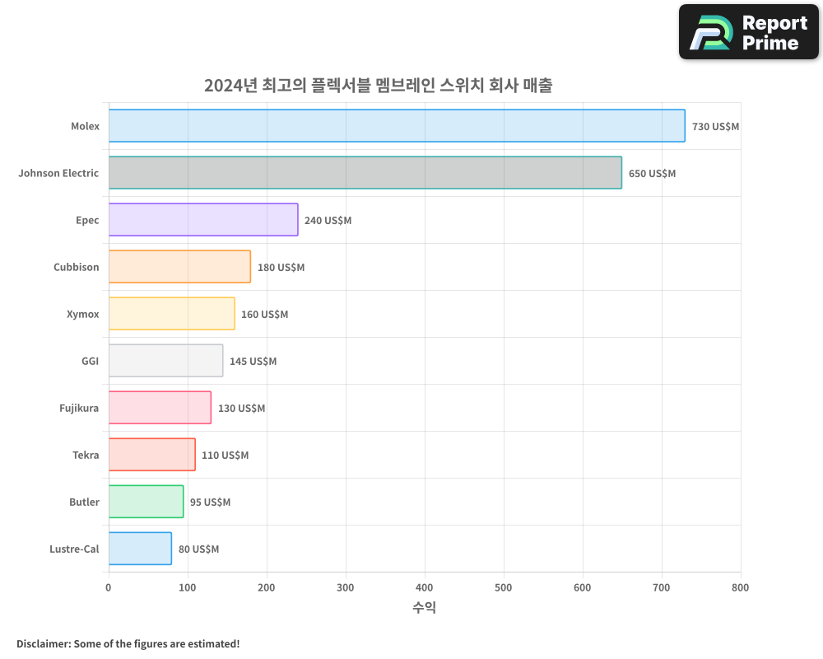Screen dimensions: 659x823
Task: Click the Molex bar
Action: (397, 126)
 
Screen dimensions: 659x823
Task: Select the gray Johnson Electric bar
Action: (365, 173)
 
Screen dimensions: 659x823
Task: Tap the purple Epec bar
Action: (203, 220)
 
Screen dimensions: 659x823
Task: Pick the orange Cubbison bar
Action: (179, 267)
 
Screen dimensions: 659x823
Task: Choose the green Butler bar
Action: (146, 502)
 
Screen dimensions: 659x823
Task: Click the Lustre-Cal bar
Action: (140, 549)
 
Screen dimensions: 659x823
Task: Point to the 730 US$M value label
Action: (715, 127)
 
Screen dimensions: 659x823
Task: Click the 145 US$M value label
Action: (253, 362)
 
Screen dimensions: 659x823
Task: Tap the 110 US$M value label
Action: (225, 456)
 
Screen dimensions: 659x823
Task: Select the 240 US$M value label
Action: (328, 221)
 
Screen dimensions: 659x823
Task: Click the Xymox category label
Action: (82, 314)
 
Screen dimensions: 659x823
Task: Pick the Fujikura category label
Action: (79, 408)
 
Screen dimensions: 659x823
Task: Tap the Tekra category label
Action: (86, 455)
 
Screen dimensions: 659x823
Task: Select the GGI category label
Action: (90, 361)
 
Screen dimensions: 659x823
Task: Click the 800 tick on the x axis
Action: (740, 587)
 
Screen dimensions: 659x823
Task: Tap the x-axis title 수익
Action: (424, 608)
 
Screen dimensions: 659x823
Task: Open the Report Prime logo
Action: (748, 32)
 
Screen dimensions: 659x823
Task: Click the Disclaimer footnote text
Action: (128, 643)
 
